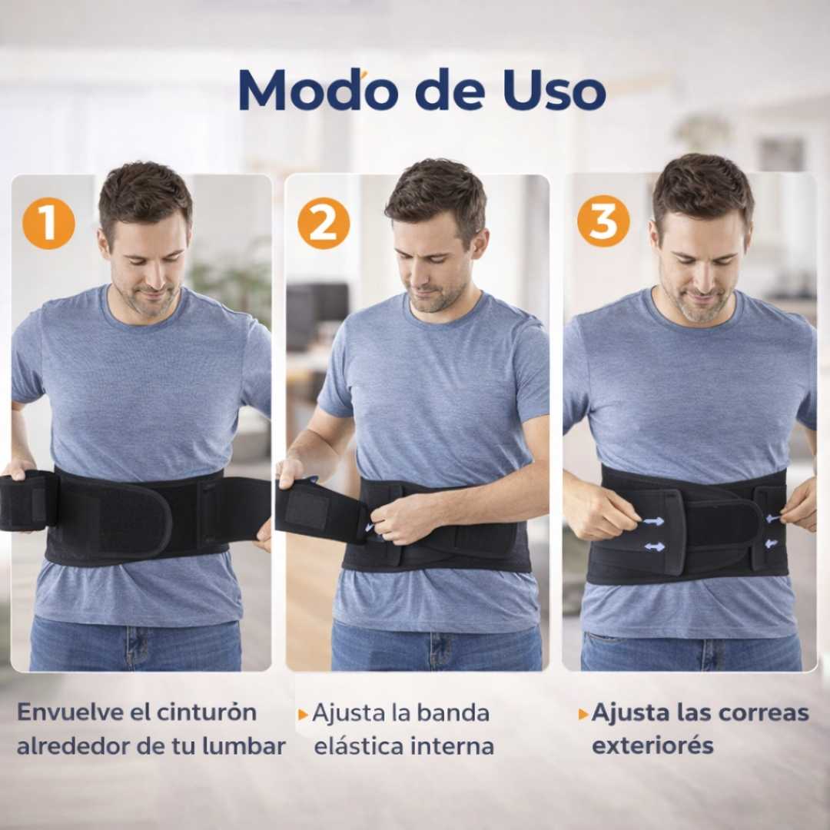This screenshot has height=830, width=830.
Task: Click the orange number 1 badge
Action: [48, 223]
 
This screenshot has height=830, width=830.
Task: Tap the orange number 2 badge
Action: [324, 223]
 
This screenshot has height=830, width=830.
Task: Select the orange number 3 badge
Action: [603, 221]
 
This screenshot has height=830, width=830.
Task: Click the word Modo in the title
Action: [318, 91]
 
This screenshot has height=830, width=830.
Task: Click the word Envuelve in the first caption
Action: [70, 712]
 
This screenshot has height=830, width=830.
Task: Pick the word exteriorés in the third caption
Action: [652, 745]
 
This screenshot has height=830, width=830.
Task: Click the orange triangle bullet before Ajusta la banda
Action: [303, 714]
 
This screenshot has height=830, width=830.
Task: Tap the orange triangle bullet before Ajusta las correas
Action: [583, 714]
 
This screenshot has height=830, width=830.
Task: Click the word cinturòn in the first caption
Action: [207, 712]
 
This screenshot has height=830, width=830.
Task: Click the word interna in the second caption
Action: [458, 745]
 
